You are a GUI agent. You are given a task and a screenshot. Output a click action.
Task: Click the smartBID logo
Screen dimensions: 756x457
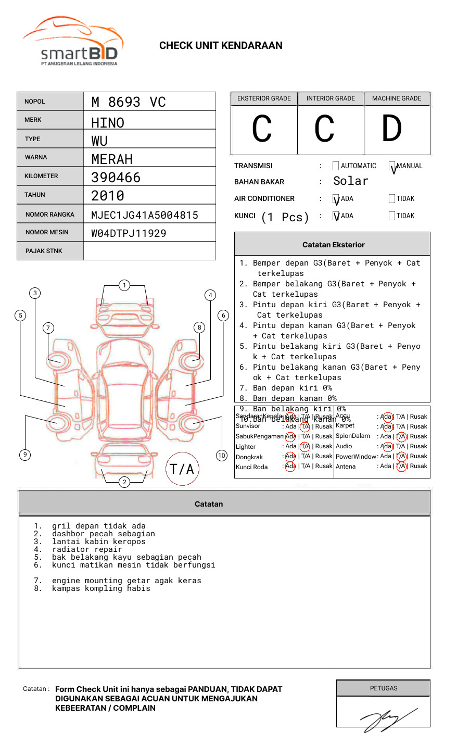pyautogui.click(x=73, y=42)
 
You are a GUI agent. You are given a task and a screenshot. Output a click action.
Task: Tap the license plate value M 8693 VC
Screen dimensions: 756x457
pyautogui.click(x=129, y=102)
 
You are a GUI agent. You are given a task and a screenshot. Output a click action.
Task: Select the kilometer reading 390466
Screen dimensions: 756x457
pyautogui.click(x=116, y=178)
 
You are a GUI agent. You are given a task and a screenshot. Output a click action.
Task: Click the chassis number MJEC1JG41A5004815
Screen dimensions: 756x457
pyautogui.click(x=145, y=215)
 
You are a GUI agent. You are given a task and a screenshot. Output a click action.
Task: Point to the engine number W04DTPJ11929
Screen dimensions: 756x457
pyautogui.click(x=129, y=233)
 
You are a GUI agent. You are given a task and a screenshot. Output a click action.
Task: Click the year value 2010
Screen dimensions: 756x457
pyautogui.click(x=108, y=196)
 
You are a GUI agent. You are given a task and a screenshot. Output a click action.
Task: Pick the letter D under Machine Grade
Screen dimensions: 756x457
pyautogui.click(x=391, y=129)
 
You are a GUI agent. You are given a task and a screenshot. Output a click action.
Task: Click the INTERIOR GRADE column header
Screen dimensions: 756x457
pyautogui.click(x=331, y=98)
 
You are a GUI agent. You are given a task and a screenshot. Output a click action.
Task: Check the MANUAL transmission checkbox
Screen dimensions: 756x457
pyautogui.click(x=392, y=166)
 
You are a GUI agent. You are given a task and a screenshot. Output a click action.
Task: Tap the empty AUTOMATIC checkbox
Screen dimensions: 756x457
pyautogui.click(x=336, y=166)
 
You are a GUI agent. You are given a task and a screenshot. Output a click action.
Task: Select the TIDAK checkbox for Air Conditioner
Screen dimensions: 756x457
pyautogui.click(x=392, y=198)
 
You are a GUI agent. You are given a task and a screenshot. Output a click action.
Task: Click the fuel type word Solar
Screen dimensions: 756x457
pyautogui.click(x=350, y=181)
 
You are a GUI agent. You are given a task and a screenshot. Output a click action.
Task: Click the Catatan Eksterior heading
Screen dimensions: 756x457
pyautogui.click(x=333, y=245)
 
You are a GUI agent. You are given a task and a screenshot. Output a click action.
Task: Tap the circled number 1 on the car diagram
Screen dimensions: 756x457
pyautogui.click(x=124, y=285)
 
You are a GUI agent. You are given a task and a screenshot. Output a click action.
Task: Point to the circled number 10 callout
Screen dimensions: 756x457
pyautogui.click(x=222, y=455)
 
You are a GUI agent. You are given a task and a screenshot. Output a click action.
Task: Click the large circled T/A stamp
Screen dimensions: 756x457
pyautogui.click(x=182, y=469)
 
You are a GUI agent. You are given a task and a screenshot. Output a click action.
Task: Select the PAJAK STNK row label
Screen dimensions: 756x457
pyautogui.click(x=44, y=251)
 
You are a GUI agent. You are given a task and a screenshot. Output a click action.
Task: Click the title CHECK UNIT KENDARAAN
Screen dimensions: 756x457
pyautogui.click(x=221, y=46)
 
